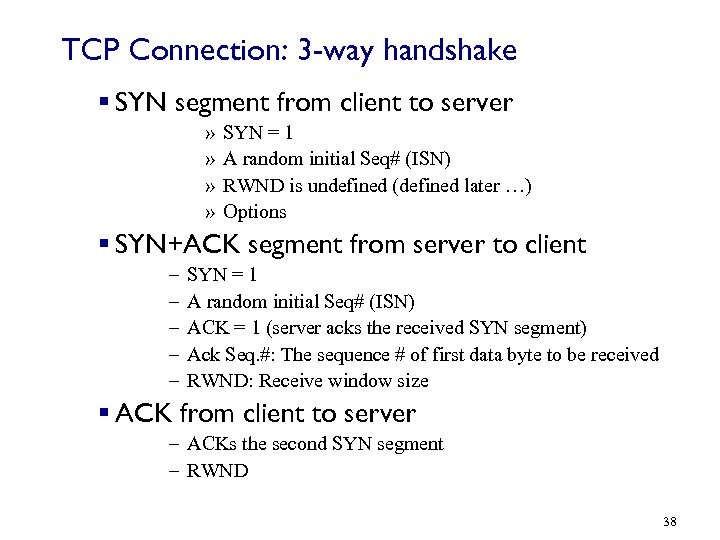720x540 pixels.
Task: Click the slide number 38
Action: pos(670,522)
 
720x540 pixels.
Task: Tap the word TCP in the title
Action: pos(85,50)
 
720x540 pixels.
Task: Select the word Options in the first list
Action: pos(255,211)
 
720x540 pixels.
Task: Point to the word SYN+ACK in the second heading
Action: pos(177,244)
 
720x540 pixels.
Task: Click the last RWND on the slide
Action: pos(218,470)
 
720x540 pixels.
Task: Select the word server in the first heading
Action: pos(476,102)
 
